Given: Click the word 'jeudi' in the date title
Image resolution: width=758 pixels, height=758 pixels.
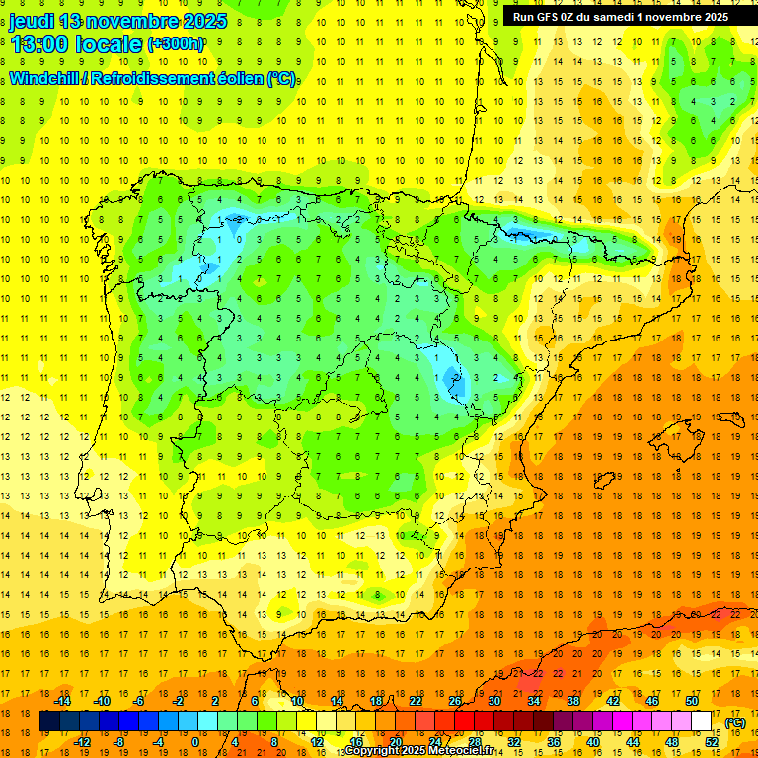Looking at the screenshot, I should pos(33,21).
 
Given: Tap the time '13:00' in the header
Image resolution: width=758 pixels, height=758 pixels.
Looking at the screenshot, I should pos(40,45).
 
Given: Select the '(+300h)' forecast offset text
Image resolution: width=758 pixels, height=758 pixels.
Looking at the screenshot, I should pos(177,44).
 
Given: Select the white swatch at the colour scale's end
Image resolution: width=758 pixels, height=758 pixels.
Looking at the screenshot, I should pos(702,721).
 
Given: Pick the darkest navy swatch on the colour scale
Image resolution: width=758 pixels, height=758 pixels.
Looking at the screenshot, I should pos(49,721).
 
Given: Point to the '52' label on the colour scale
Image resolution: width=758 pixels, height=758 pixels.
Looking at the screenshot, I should pos(712,741).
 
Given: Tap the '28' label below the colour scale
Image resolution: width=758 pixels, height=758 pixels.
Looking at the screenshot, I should pos(474,741).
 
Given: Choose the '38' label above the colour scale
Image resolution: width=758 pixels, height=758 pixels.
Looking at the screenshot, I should pos(572,702).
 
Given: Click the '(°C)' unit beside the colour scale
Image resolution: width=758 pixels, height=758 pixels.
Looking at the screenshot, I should pos(735,722).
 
